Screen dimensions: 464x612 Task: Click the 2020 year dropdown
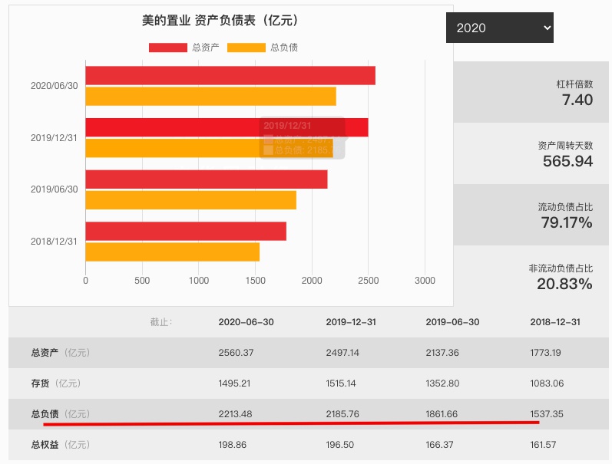point(499,28)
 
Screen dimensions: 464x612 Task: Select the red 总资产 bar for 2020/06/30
point(230,75)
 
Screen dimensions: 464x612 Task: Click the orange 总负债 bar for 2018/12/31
point(172,252)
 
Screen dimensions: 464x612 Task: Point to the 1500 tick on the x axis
point(255,281)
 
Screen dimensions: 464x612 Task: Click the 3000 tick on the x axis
point(425,281)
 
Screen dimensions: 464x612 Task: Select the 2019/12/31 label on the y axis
point(54,138)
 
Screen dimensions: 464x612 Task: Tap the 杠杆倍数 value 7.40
point(577,100)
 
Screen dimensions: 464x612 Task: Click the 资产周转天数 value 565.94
point(567,161)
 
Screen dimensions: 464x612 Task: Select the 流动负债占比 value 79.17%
point(567,223)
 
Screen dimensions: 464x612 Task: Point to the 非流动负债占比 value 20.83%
point(564,284)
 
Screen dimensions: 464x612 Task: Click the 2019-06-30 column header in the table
point(452,322)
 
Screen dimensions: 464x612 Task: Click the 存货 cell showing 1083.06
point(547,383)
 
